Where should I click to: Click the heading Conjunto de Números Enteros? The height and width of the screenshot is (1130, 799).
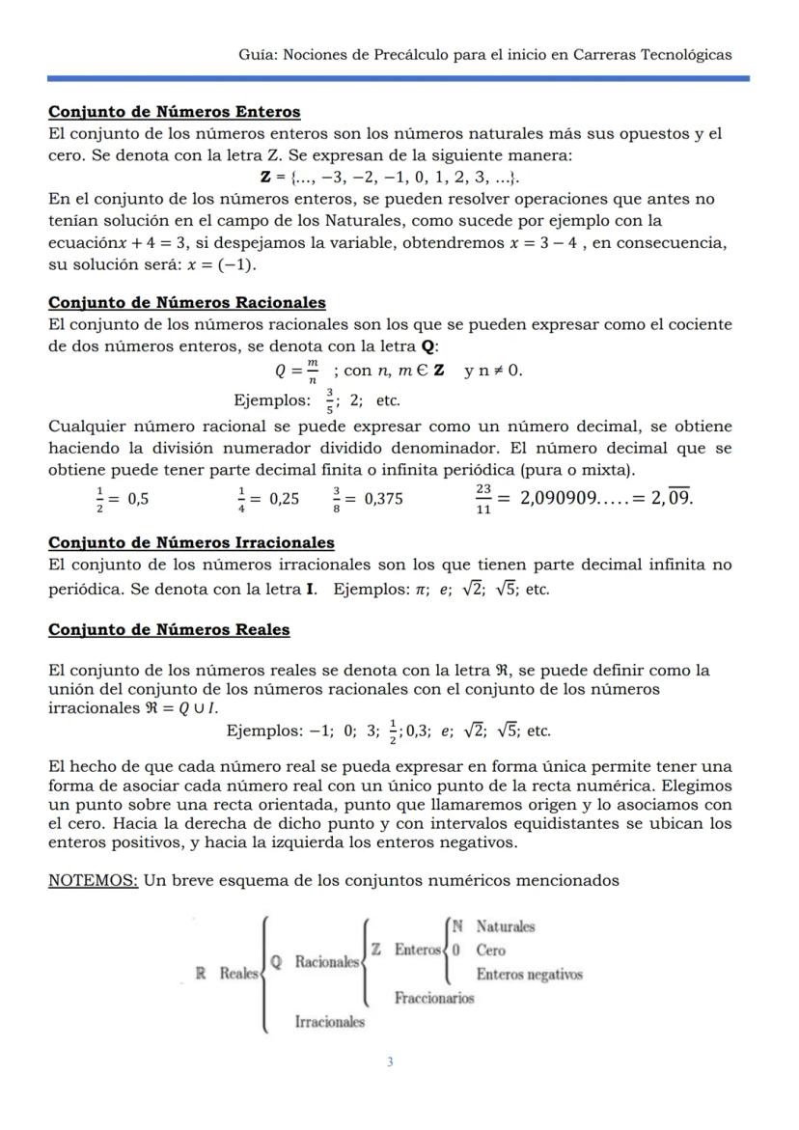[x=174, y=112]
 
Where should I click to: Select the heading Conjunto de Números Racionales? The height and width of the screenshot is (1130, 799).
[x=186, y=303]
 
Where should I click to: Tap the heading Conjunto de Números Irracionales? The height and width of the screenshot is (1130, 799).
[x=191, y=542]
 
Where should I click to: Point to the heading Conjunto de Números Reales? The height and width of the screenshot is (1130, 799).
[x=169, y=630]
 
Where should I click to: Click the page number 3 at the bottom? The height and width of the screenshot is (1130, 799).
[x=390, y=1062]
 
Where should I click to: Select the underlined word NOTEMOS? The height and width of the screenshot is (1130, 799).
[x=93, y=880]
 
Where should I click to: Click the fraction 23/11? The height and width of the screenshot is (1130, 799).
[x=483, y=499]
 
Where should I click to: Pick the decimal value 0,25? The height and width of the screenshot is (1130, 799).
[x=284, y=499]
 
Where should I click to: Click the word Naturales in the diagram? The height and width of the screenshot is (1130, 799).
[x=506, y=926]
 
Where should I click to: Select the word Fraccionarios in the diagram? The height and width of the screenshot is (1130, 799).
[x=434, y=998]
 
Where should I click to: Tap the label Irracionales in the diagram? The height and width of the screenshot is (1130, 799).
[x=330, y=1021]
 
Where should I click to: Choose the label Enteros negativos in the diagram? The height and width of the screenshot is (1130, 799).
[x=529, y=974]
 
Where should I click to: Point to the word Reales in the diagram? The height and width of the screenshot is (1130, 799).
[x=239, y=974]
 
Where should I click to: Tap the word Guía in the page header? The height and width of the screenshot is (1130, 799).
[x=256, y=54]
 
